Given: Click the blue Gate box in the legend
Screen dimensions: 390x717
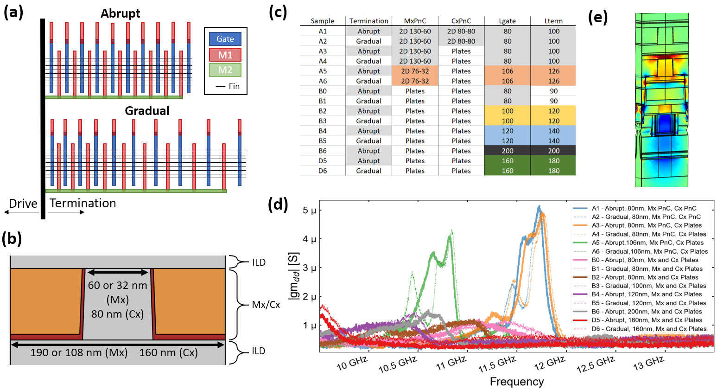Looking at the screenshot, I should click(x=225, y=39).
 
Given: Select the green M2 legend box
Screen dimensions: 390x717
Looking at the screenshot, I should click(x=225, y=70).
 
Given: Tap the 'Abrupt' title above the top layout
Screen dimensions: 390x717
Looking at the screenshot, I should click(x=120, y=13).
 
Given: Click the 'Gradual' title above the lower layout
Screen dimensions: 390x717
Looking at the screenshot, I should click(x=147, y=111).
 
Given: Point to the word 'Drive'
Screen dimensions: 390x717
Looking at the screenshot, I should click(x=23, y=204).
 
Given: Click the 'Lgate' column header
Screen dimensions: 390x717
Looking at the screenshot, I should click(x=507, y=21).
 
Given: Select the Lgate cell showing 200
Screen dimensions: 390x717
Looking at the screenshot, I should click(x=508, y=151).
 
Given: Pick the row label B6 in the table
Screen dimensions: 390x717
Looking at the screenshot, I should click(x=323, y=151).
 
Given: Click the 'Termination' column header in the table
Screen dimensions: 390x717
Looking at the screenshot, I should click(x=368, y=21).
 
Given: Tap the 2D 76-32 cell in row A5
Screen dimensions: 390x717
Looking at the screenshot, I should click(x=415, y=71).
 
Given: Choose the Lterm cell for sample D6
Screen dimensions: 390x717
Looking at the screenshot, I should click(x=553, y=171).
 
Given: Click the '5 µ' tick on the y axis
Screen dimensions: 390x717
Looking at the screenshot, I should click(x=309, y=211).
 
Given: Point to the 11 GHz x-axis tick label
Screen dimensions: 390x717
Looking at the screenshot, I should click(x=451, y=363).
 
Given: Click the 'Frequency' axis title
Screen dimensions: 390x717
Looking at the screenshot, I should click(x=517, y=382).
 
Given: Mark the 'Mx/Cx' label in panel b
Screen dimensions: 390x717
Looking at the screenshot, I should click(x=266, y=305).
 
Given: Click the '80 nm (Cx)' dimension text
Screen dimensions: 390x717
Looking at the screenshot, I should click(x=117, y=314).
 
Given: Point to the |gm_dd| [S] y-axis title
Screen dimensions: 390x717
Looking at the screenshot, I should click(x=294, y=276).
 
